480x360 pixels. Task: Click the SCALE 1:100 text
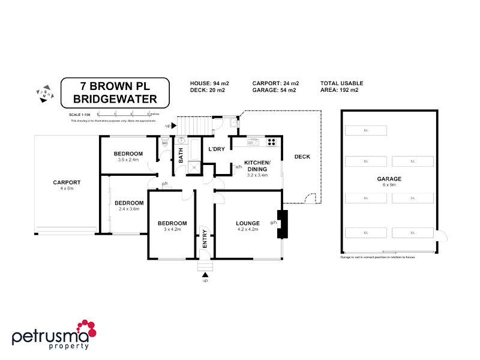point(80,114)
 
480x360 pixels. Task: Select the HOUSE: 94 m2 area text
point(209,83)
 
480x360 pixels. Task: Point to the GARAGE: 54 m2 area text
point(274,91)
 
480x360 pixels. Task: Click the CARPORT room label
point(67,182)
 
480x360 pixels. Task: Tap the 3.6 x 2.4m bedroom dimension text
point(128,160)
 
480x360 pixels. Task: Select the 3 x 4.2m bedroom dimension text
point(172,230)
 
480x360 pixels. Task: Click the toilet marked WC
point(164,145)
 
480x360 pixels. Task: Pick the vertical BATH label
point(180,155)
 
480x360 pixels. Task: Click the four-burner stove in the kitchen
point(271,142)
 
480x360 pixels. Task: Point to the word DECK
point(302,157)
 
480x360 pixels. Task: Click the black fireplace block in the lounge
point(282,223)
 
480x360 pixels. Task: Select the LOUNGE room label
point(248,223)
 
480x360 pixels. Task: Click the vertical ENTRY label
point(205,239)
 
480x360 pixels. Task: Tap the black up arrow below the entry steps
point(205,275)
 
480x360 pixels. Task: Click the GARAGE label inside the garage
point(389,179)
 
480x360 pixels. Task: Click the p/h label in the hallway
point(164,184)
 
